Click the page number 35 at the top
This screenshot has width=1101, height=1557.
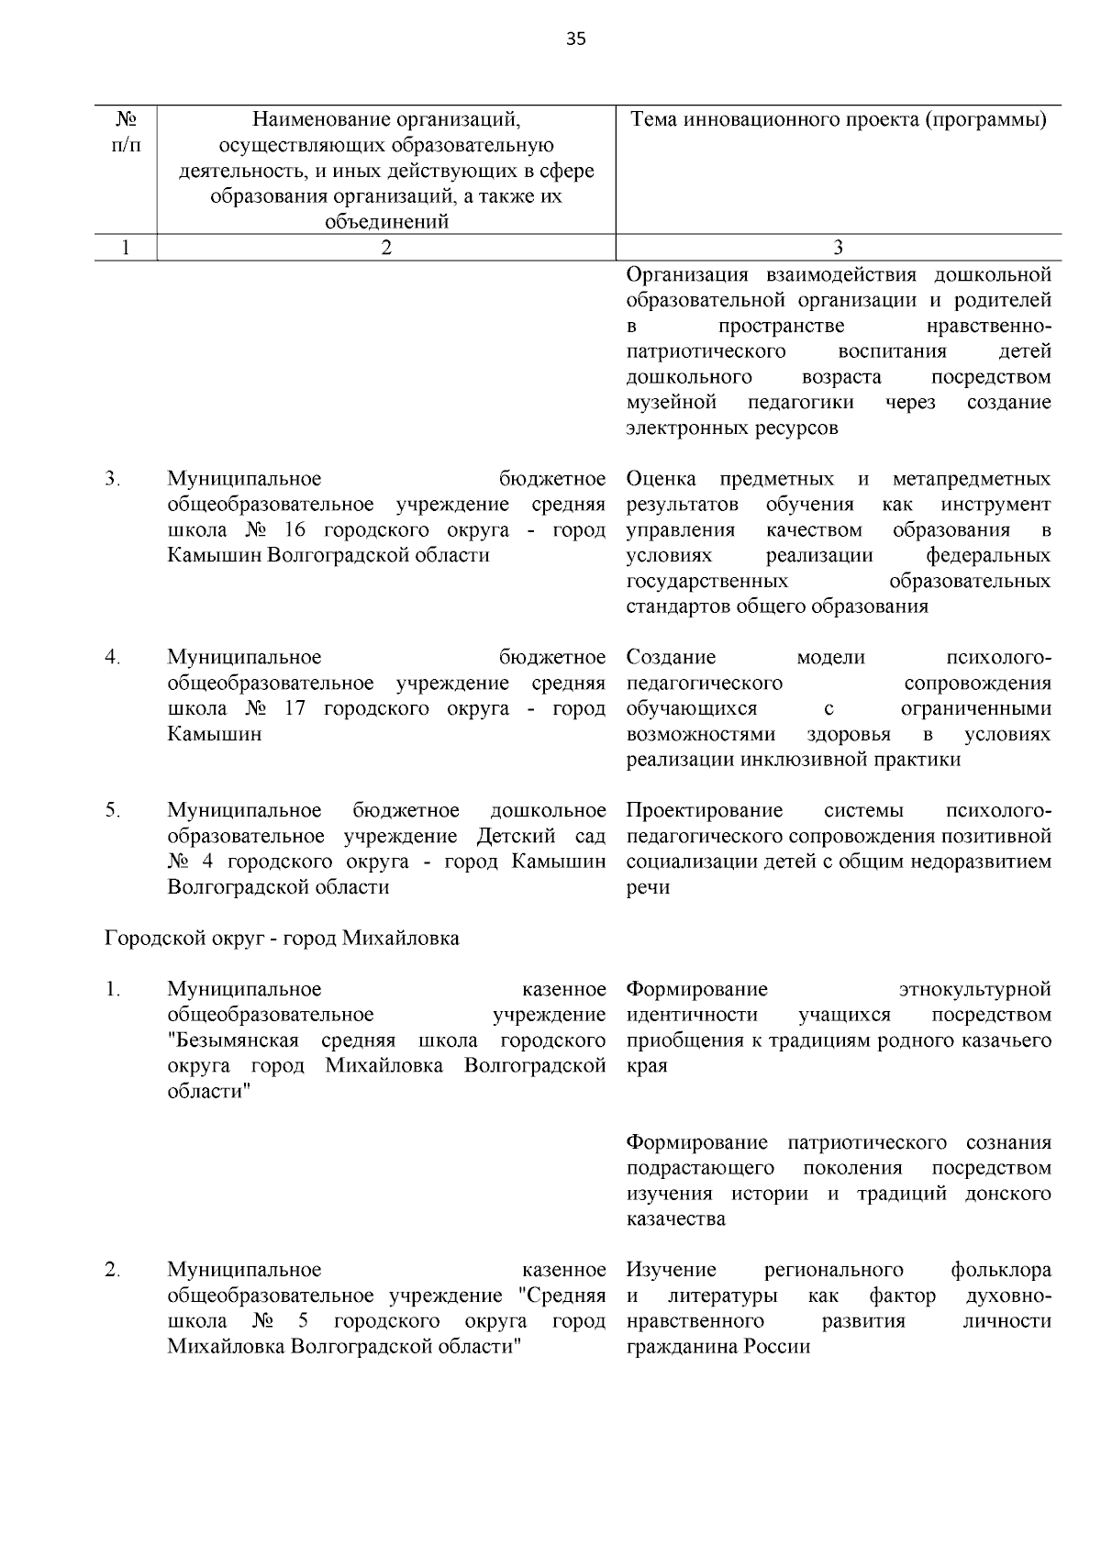575,39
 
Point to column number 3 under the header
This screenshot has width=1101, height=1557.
838,247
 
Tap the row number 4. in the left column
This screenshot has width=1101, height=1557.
113,657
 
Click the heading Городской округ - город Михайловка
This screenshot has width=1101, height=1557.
282,939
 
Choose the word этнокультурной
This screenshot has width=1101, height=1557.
974,989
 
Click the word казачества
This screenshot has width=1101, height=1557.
676,1219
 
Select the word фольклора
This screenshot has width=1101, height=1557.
1001,1270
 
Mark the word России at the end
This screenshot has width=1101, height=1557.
777,1347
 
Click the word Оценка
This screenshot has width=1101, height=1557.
662,479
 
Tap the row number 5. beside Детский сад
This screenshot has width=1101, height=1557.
113,810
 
